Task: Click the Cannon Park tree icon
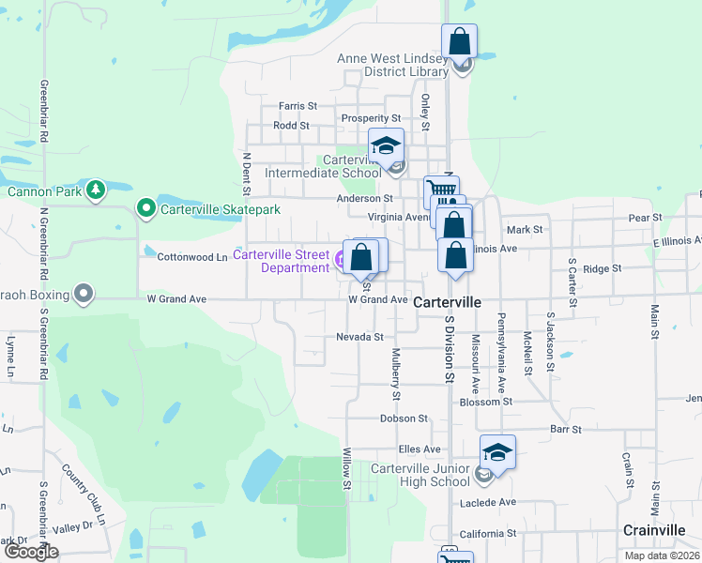pyautogui.click(x=95, y=190)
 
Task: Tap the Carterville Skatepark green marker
pyautogui.click(x=145, y=208)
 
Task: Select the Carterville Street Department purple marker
pyautogui.click(x=342, y=256)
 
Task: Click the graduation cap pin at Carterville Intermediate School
pyautogui.click(x=385, y=146)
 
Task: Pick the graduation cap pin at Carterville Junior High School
pyautogui.click(x=497, y=453)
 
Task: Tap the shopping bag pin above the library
pyautogui.click(x=459, y=42)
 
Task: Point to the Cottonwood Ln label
pyautogui.click(x=191, y=256)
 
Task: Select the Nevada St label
pyautogui.click(x=359, y=337)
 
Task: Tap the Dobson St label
pyautogui.click(x=404, y=418)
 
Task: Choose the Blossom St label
pyautogui.click(x=485, y=401)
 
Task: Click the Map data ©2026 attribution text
pyautogui.click(x=661, y=555)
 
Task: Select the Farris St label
pyautogui.click(x=298, y=107)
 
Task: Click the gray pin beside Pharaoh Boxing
pyautogui.click(x=84, y=295)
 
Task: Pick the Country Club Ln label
pyautogui.click(x=84, y=494)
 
